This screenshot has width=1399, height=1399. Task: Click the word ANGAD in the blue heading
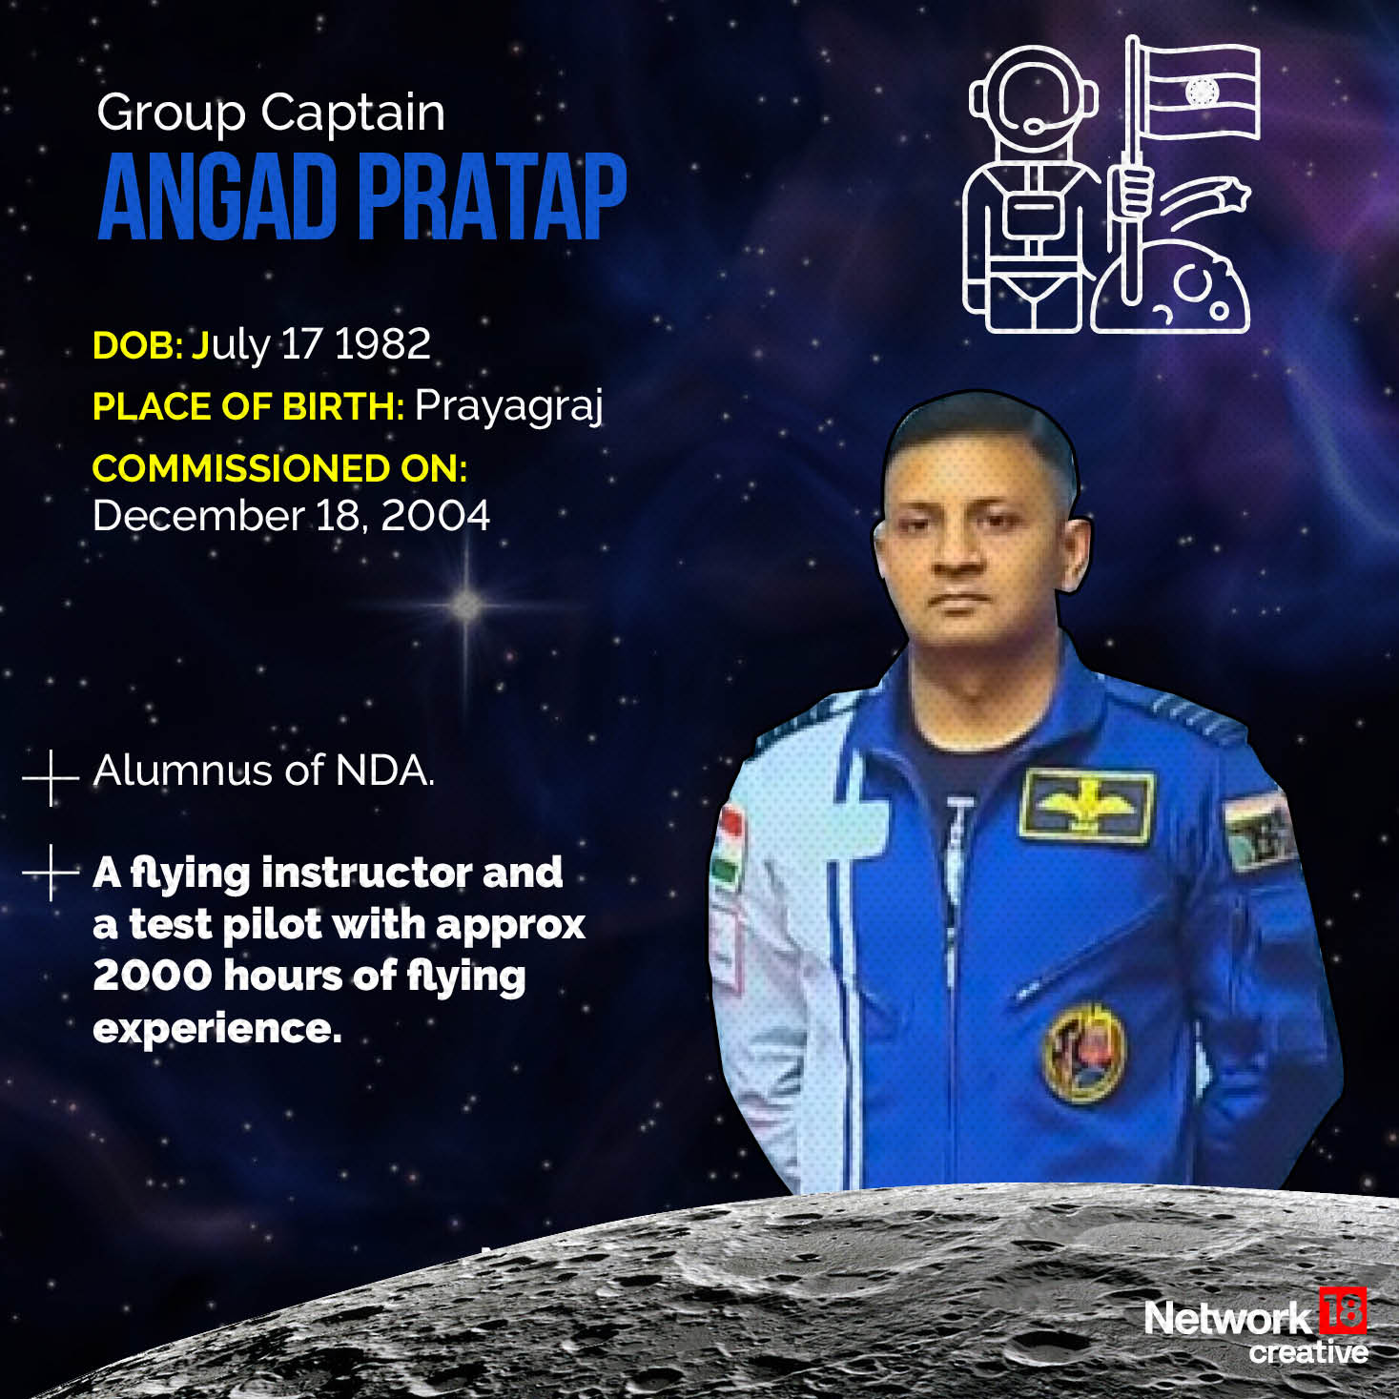point(218,195)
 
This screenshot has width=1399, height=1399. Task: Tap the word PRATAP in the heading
point(492,195)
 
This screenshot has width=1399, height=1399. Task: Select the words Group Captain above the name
point(271,113)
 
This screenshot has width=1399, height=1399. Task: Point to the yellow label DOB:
point(137,345)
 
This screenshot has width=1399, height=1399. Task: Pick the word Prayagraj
point(508,407)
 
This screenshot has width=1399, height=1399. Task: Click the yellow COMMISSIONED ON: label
point(279,468)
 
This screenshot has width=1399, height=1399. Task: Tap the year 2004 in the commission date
point(435,516)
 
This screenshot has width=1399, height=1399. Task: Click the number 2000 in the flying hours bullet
point(151,976)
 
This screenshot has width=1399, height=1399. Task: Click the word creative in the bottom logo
point(1307,1352)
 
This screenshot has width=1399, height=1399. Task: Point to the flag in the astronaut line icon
point(1199,93)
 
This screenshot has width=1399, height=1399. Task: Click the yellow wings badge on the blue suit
point(1086,807)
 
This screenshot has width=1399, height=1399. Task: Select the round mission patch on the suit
point(1084,1052)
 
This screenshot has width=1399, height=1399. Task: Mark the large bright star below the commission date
point(467,604)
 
